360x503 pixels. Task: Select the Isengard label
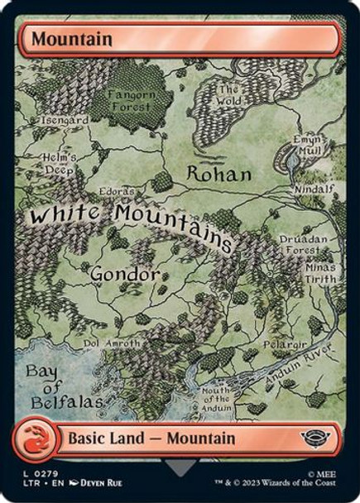point(65,120)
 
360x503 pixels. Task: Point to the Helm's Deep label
point(60,163)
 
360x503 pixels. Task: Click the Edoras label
point(118,191)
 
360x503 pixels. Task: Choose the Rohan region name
point(218,175)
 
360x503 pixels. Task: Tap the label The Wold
point(228,96)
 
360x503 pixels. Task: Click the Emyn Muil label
point(307,146)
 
